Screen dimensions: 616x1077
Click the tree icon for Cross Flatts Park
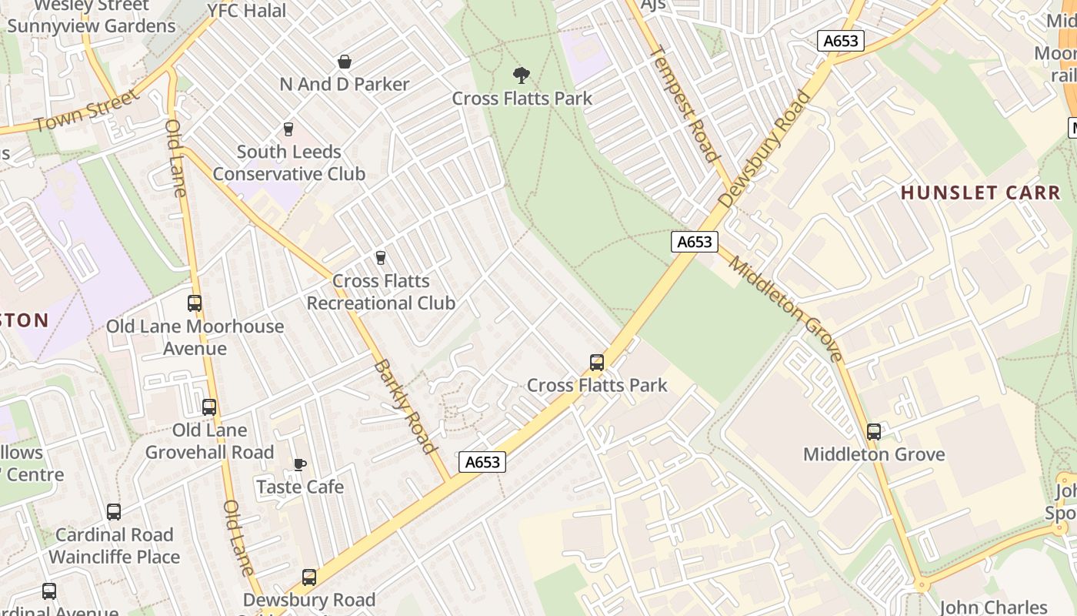(x=522, y=75)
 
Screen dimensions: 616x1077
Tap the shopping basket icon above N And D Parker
(x=345, y=62)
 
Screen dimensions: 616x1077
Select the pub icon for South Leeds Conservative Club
(x=288, y=129)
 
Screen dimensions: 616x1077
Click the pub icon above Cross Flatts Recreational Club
(x=380, y=258)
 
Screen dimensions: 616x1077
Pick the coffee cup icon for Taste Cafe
(x=299, y=464)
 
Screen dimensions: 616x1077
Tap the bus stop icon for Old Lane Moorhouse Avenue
(x=195, y=303)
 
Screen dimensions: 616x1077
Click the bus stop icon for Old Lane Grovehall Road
(x=209, y=407)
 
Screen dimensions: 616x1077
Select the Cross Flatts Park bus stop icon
(x=596, y=363)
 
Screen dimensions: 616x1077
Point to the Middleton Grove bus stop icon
(x=874, y=432)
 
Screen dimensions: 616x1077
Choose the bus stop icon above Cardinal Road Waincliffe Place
(x=114, y=512)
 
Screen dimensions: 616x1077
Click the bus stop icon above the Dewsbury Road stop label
(x=309, y=577)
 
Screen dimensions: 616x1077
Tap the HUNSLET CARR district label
(x=980, y=192)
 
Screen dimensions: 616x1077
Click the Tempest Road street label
(x=685, y=104)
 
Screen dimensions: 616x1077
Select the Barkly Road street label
(x=405, y=406)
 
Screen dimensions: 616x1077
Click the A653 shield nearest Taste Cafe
(x=483, y=462)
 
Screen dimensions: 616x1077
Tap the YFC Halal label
(x=247, y=11)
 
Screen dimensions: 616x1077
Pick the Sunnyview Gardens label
(x=92, y=26)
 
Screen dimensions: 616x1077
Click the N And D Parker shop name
(x=345, y=84)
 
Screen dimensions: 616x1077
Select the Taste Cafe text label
(x=300, y=487)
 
